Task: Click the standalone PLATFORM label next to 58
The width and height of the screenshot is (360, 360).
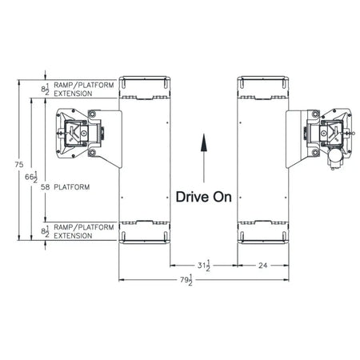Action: (x=72, y=186)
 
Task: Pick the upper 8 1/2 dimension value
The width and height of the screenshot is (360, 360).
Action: (x=46, y=90)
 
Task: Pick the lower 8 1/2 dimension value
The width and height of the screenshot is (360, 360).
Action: (x=46, y=234)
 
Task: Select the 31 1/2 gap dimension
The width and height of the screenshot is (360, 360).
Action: (x=202, y=265)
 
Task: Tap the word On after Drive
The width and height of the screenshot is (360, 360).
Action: (x=222, y=195)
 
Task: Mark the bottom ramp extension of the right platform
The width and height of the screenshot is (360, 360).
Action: (x=263, y=232)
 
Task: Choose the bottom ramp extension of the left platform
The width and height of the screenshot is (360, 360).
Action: (x=145, y=232)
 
